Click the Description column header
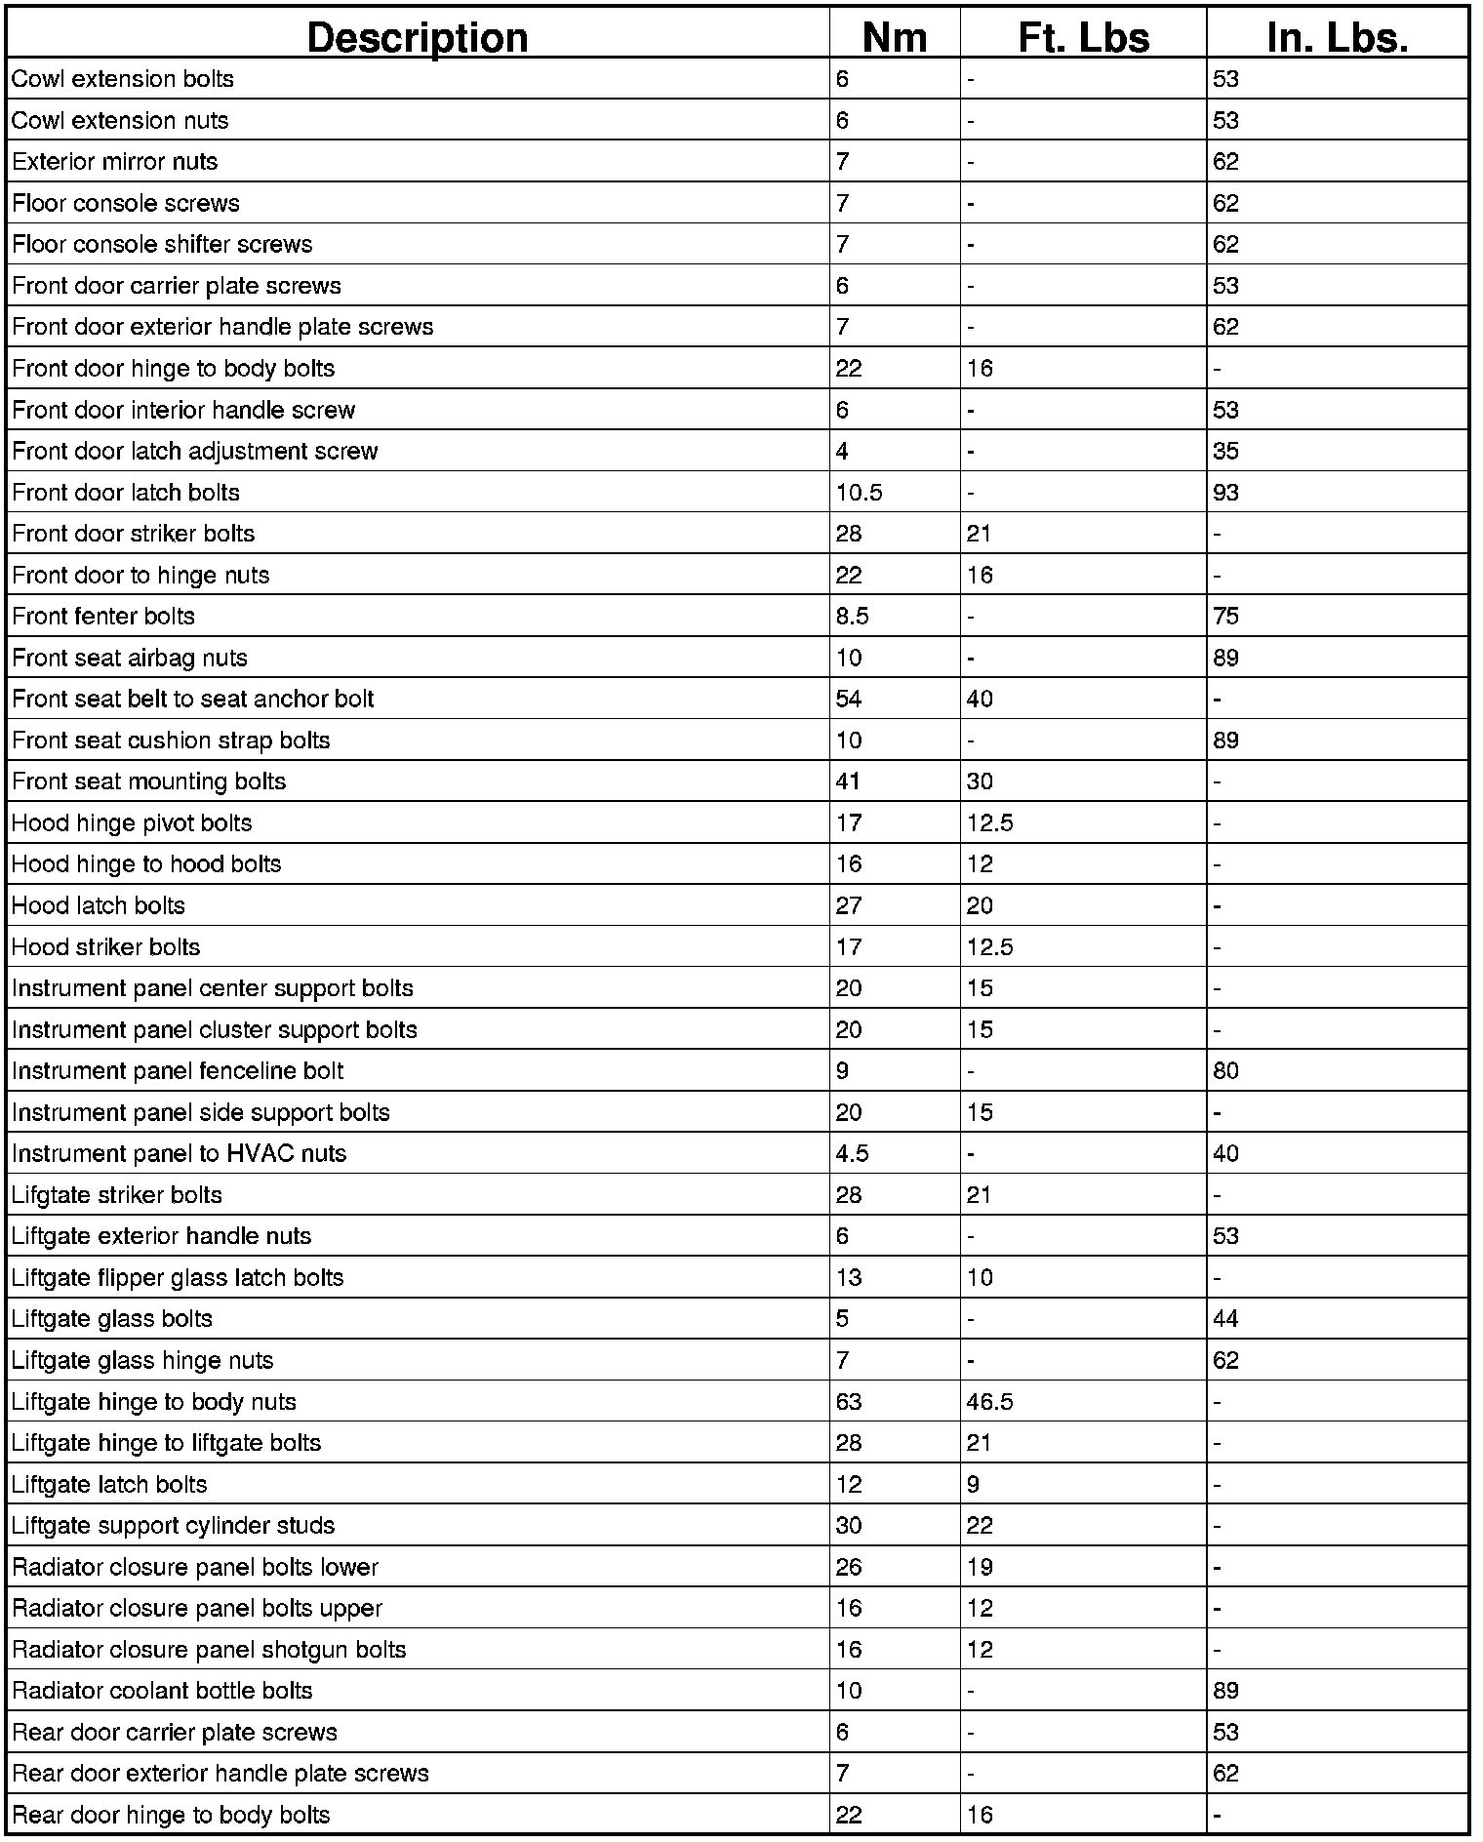(x=418, y=37)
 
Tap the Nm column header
(x=894, y=37)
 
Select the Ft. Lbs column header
(x=1083, y=37)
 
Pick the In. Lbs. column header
(x=1337, y=37)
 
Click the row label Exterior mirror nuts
(x=115, y=162)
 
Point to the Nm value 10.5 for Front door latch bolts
(x=859, y=493)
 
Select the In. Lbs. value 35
(x=1225, y=451)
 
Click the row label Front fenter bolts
(x=103, y=617)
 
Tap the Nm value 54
(x=849, y=699)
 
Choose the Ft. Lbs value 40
(x=980, y=699)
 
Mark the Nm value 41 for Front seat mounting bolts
(x=849, y=781)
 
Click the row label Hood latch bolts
(x=99, y=905)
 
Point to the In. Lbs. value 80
(x=1225, y=1071)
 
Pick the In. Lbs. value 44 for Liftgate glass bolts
(x=1225, y=1319)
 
